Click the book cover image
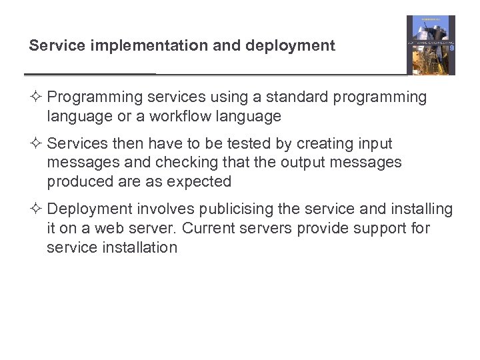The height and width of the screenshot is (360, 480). [x=431, y=45]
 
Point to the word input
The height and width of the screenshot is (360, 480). [x=375, y=144]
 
